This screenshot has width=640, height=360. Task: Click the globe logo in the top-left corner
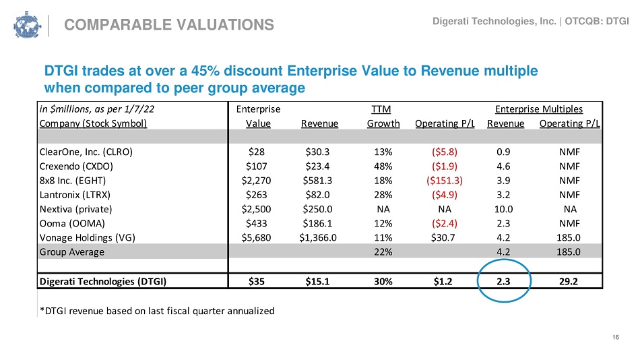pyautogui.click(x=27, y=24)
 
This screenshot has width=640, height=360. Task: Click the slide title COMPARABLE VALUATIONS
pyautogui.click(x=169, y=25)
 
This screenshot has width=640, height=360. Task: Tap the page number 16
pyautogui.click(x=616, y=337)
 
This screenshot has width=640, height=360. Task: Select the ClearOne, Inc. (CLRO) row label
pyautogui.click(x=86, y=152)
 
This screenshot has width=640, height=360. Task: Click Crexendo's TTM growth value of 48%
pyautogui.click(x=383, y=167)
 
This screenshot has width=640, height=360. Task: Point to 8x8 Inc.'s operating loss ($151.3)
pyautogui.click(x=445, y=181)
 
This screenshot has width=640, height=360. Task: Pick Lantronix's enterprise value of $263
pyautogui.click(x=256, y=195)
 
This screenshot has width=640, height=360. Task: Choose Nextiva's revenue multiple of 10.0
pyautogui.click(x=503, y=209)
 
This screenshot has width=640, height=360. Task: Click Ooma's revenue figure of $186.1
pyautogui.click(x=317, y=224)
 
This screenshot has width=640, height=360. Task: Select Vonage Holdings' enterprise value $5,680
pyautogui.click(x=256, y=238)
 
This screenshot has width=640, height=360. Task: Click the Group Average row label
pyautogui.click(x=72, y=252)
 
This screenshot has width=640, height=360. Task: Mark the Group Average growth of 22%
pyautogui.click(x=383, y=252)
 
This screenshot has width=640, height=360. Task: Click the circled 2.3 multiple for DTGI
pyautogui.click(x=503, y=282)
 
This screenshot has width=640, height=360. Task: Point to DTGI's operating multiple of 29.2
pyautogui.click(x=569, y=282)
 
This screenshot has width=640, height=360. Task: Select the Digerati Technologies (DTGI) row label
pyautogui.click(x=103, y=282)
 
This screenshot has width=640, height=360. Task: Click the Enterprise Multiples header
pyautogui.click(x=539, y=109)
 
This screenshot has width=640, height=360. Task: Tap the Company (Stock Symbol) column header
pyautogui.click(x=93, y=123)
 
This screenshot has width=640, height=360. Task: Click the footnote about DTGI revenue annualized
pyautogui.click(x=157, y=311)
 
